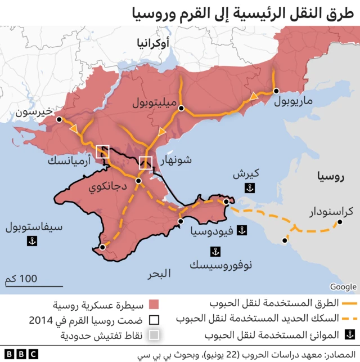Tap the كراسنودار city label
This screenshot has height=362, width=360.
click(x=332, y=212)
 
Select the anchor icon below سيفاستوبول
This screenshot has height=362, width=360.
click(x=32, y=241)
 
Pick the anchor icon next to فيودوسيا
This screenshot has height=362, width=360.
click(x=241, y=230)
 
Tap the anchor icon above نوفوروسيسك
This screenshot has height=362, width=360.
click(x=214, y=252)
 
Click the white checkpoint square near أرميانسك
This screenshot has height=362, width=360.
click(x=103, y=151)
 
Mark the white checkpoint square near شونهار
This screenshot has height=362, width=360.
click(x=146, y=162)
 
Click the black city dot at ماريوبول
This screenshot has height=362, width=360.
click(x=276, y=91)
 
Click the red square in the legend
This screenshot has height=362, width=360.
click(x=154, y=305)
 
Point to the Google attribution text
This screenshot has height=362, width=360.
click(x=343, y=287)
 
